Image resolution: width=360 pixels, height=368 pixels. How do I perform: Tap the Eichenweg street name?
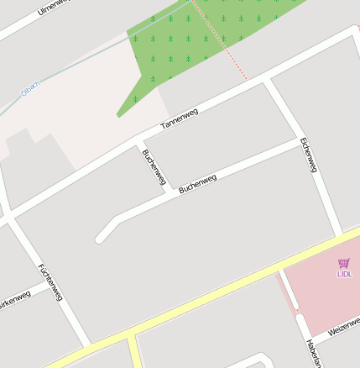tap(308, 155)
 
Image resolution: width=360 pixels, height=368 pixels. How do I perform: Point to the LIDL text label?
tap(345, 274)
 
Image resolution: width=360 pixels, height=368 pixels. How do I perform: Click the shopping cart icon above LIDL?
tap(343, 263)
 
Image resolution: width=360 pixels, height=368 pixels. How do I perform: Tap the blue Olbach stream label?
tap(29, 92)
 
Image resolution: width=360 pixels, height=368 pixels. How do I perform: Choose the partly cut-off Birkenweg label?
tap(14, 299)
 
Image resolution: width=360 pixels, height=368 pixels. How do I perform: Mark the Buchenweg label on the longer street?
tap(198, 183)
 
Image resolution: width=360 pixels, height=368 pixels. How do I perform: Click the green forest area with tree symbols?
tap(193, 42)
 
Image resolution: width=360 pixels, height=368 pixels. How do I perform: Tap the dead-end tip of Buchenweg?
tap(101, 239)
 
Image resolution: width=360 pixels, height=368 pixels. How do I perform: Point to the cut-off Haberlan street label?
tap(313, 354)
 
